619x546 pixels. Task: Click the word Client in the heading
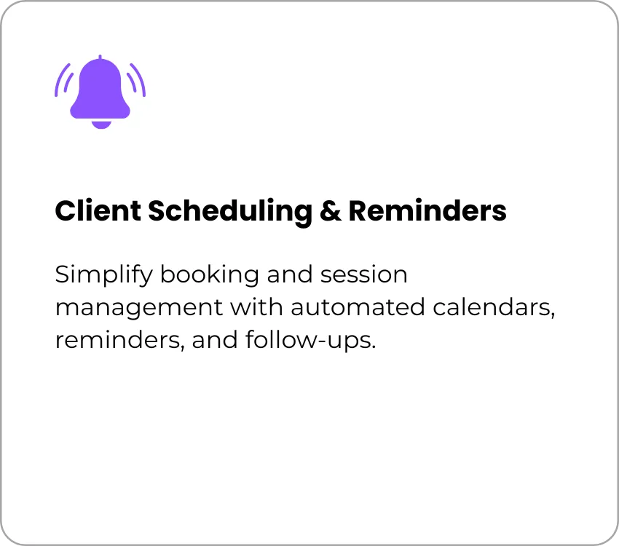(98, 210)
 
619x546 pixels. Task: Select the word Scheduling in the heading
(230, 213)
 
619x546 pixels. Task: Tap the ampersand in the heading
(331, 211)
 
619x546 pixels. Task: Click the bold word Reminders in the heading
(427, 210)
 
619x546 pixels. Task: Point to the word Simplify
(103, 275)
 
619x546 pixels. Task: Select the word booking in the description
(210, 275)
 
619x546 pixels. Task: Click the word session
(363, 274)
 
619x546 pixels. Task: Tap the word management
(139, 309)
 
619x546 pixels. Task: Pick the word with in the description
(256, 306)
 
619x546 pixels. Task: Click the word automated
(358, 307)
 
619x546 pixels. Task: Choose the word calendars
(494, 307)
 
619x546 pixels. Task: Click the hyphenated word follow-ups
(310, 341)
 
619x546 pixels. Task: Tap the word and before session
(289, 274)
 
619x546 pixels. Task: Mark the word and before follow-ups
(215, 340)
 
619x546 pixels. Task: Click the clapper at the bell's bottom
(101, 124)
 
